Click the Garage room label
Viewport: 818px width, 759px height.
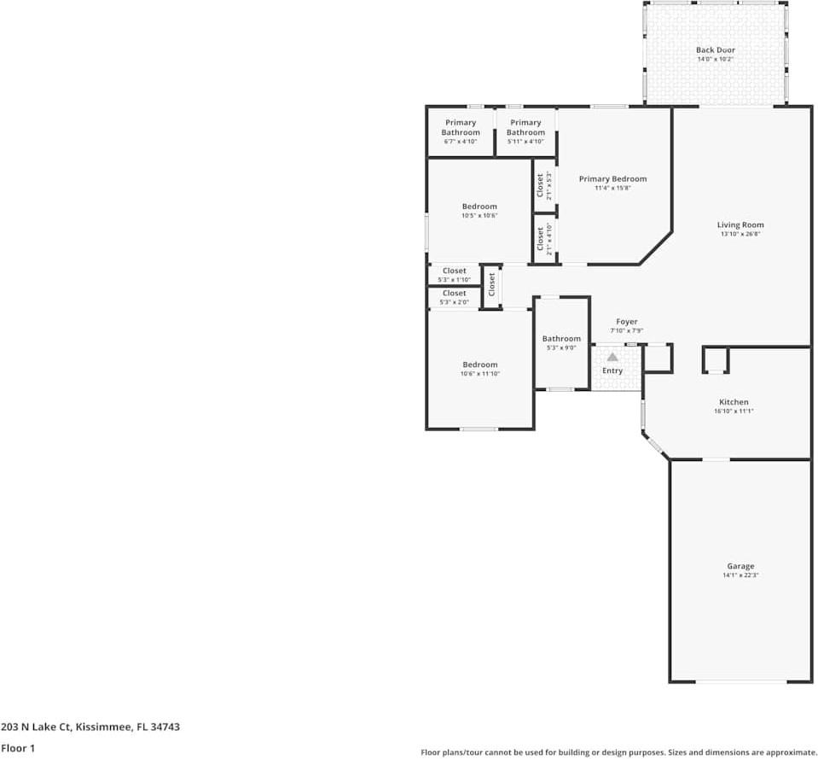(740, 566)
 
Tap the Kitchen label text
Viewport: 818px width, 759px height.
(734, 402)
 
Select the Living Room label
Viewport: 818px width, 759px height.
(740, 225)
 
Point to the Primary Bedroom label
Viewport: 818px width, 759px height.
(612, 178)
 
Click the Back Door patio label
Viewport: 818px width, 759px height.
(715, 50)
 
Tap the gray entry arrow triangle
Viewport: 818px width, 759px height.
(612, 357)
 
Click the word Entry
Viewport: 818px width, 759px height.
(612, 371)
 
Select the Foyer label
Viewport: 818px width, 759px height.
(627, 322)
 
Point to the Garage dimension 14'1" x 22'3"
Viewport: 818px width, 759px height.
(740, 575)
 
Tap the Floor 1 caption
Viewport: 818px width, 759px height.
(19, 747)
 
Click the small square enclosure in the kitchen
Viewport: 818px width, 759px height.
(716, 360)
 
